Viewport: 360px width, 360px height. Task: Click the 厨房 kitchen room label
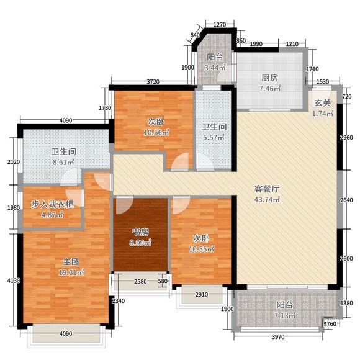click(x=269, y=78)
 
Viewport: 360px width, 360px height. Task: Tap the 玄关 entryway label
click(x=323, y=103)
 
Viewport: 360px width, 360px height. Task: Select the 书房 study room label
click(x=140, y=232)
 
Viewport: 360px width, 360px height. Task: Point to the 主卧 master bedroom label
click(x=71, y=262)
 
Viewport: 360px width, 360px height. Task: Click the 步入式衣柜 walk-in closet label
click(x=52, y=204)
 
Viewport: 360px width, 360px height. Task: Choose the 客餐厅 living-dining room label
click(x=267, y=189)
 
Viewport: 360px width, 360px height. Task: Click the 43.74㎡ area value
click(x=267, y=199)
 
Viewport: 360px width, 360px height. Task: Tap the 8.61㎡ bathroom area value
click(x=63, y=163)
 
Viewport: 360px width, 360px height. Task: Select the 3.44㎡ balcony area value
click(x=215, y=68)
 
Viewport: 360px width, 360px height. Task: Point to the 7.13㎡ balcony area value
click(x=284, y=316)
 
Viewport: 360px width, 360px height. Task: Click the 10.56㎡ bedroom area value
click(x=156, y=132)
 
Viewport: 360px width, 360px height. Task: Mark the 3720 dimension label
click(x=153, y=81)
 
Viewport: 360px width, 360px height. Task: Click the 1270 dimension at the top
click(x=220, y=24)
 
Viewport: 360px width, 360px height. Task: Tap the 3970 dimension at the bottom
click(x=278, y=337)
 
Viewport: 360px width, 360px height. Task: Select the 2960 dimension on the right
click(x=346, y=138)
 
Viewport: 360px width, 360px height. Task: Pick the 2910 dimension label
click(x=202, y=295)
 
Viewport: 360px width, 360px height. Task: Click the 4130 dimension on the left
click(x=14, y=281)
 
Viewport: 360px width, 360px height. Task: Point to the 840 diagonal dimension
click(x=195, y=35)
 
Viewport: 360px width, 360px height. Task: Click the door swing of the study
click(x=124, y=205)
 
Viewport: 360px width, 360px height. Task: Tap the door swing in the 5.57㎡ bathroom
click(x=205, y=162)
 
